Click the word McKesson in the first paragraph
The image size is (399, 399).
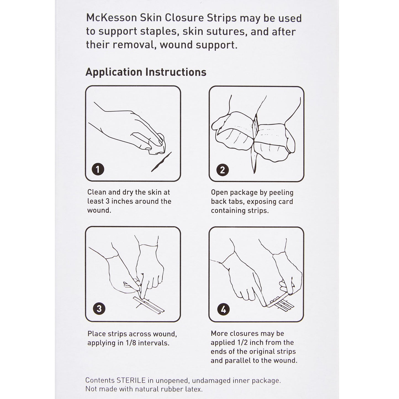coord(112,18)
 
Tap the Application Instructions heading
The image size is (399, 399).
coord(146,72)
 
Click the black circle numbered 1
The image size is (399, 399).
coord(98,169)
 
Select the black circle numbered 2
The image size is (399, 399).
coord(223,170)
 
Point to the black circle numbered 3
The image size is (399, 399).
coord(99,308)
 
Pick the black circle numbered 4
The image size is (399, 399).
coord(223,309)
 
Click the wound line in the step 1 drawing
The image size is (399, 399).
coord(161,162)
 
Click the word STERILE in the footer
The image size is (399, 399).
coord(131,380)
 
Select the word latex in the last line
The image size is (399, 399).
coord(194,389)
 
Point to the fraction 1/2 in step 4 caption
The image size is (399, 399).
coord(244,343)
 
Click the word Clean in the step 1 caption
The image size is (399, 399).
coord(97,192)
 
